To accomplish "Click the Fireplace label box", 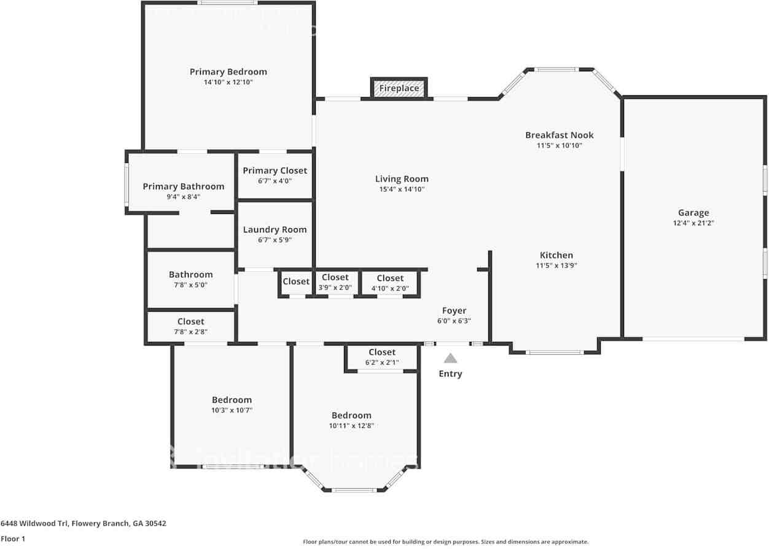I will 399,89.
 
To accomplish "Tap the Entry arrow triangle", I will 450,358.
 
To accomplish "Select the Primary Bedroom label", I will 228,72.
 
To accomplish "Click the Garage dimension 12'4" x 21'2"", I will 693,223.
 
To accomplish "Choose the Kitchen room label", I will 556,255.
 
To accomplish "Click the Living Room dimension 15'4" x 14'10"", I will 402,189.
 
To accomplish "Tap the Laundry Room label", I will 275,230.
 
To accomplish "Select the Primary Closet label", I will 275,171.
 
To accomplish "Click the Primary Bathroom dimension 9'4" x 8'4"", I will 183,197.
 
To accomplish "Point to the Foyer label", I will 454,311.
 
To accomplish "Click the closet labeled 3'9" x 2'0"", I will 335,282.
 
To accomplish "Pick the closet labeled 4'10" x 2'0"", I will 390,283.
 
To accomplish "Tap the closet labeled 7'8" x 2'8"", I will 190,326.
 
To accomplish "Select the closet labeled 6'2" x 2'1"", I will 381,357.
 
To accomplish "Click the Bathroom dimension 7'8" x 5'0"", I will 190,285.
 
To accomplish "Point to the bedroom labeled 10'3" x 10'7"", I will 232,405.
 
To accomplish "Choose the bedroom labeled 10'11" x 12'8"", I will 351,420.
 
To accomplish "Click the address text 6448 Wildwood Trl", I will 83,524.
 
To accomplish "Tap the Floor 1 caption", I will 13,539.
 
